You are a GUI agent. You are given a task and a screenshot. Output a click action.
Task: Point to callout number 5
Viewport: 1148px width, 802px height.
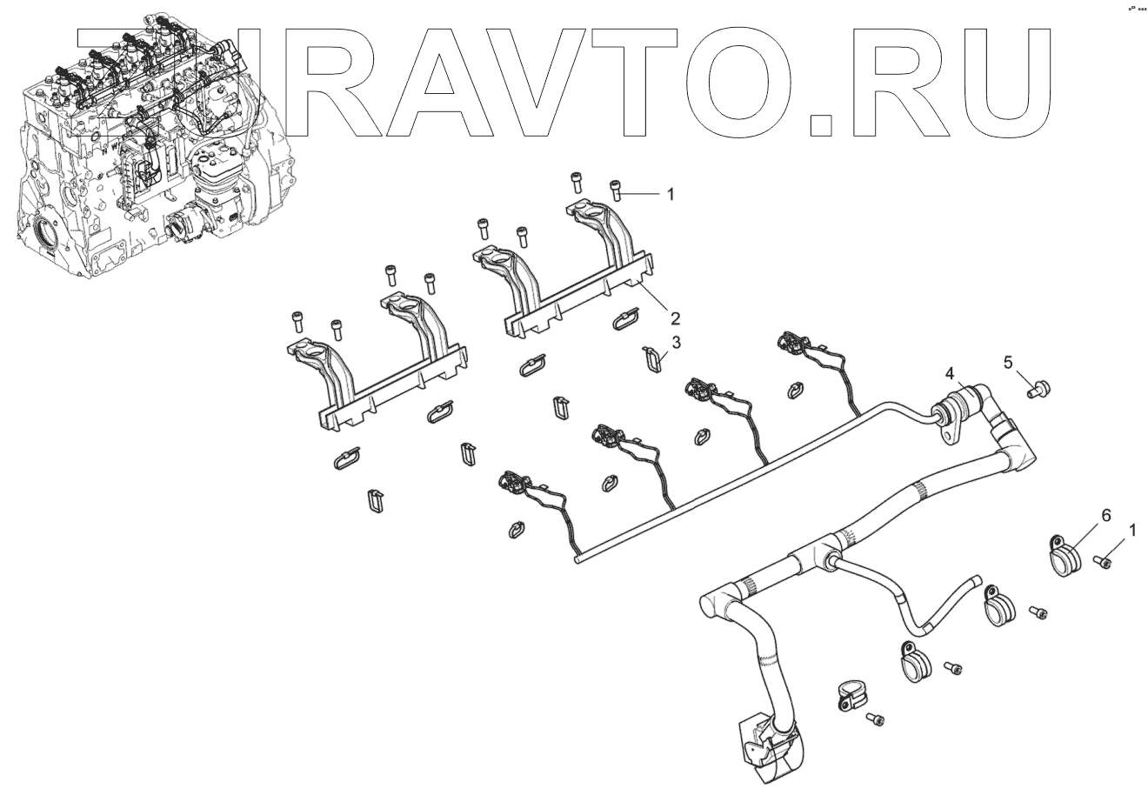click(1009, 362)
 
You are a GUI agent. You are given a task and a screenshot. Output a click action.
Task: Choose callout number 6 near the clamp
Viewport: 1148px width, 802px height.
click(1105, 515)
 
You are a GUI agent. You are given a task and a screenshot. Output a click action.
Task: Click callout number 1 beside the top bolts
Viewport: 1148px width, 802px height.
click(671, 195)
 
